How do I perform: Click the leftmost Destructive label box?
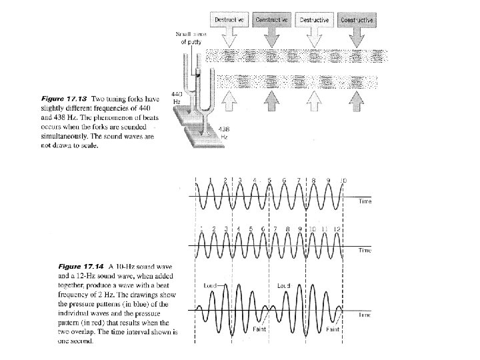click(x=229, y=21)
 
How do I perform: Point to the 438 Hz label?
click(x=225, y=132)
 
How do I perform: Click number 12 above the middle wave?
click(x=337, y=229)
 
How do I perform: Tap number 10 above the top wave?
click(x=343, y=181)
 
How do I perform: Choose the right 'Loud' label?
click(x=283, y=285)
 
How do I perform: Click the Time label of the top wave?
click(x=365, y=201)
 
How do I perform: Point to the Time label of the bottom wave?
click(x=365, y=314)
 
